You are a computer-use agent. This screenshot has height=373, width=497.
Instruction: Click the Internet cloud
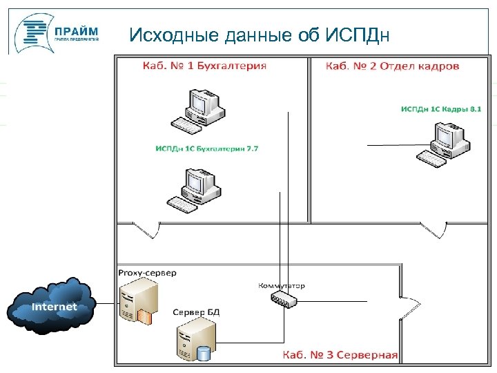point(52,306)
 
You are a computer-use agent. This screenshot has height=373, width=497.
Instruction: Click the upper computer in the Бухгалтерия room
point(198,110)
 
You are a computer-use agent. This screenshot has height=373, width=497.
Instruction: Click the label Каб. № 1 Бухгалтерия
point(204,66)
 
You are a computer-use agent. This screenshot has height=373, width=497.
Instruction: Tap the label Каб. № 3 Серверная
point(340,355)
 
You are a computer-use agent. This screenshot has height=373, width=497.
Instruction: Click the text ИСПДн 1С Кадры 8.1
point(441,108)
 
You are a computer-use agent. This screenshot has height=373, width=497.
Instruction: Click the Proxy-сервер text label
point(147,273)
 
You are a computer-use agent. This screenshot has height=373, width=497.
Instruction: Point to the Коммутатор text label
point(281,285)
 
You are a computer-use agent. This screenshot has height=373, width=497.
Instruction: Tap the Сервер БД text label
point(196,313)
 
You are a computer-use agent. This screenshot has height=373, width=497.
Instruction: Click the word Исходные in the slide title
point(174,35)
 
